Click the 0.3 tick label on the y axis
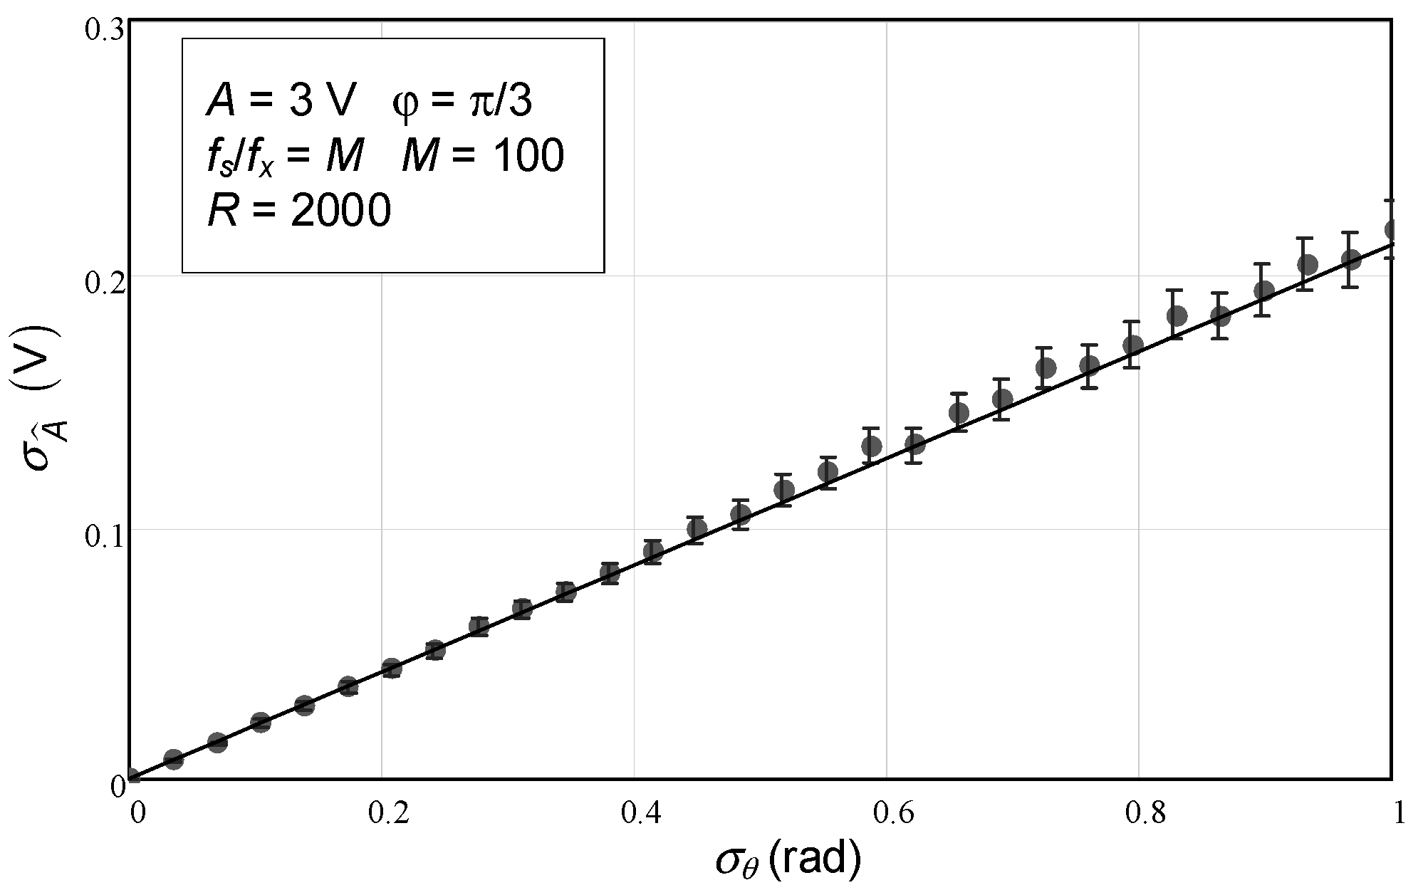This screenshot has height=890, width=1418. point(104,30)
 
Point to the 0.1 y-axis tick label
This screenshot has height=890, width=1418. point(104,535)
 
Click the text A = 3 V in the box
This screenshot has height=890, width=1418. point(281,102)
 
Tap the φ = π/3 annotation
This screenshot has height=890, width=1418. point(462,102)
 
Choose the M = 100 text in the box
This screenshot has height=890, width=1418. point(482,155)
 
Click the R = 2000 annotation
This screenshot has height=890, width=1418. point(299,211)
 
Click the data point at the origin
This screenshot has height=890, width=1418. point(131,778)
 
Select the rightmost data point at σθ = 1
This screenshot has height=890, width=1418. point(1390,229)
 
